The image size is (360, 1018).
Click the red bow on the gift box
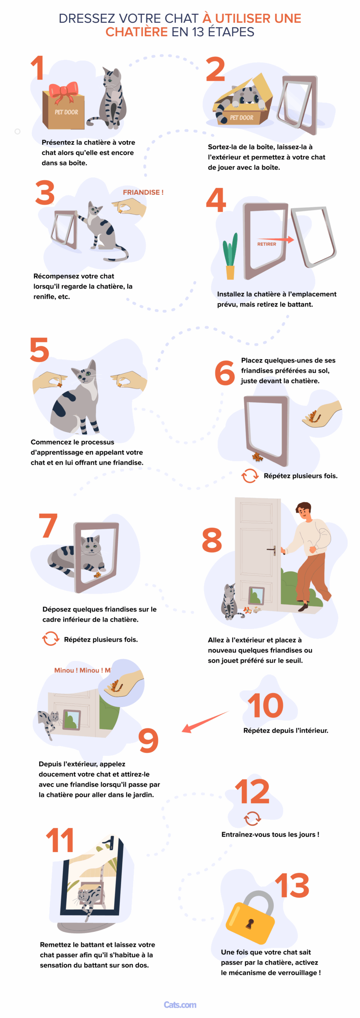pyautogui.click(x=63, y=91)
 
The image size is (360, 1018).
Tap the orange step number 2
pyautogui.click(x=216, y=69)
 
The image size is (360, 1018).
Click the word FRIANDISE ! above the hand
pyautogui.click(x=143, y=192)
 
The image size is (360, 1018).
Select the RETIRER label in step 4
pyautogui.click(x=267, y=244)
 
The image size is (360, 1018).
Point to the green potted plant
pyautogui.click(x=230, y=257)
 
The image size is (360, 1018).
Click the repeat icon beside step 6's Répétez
pyautogui.click(x=250, y=476)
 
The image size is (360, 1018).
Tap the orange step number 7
pyautogui.click(x=48, y=525)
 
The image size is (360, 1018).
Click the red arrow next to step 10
pyautogui.click(x=204, y=722)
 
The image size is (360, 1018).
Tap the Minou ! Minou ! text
pyautogui.click(x=82, y=670)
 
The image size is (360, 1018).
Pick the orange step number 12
pyautogui.click(x=252, y=791)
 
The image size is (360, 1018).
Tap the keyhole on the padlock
pyautogui.click(x=250, y=923)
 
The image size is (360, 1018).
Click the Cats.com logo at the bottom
pyautogui.click(x=180, y=1005)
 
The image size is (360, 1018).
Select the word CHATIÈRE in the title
pyautogui.click(x=136, y=32)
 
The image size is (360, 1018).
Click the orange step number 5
pyautogui.click(x=39, y=350)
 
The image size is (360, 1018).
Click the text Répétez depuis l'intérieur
pyautogui.click(x=286, y=730)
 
